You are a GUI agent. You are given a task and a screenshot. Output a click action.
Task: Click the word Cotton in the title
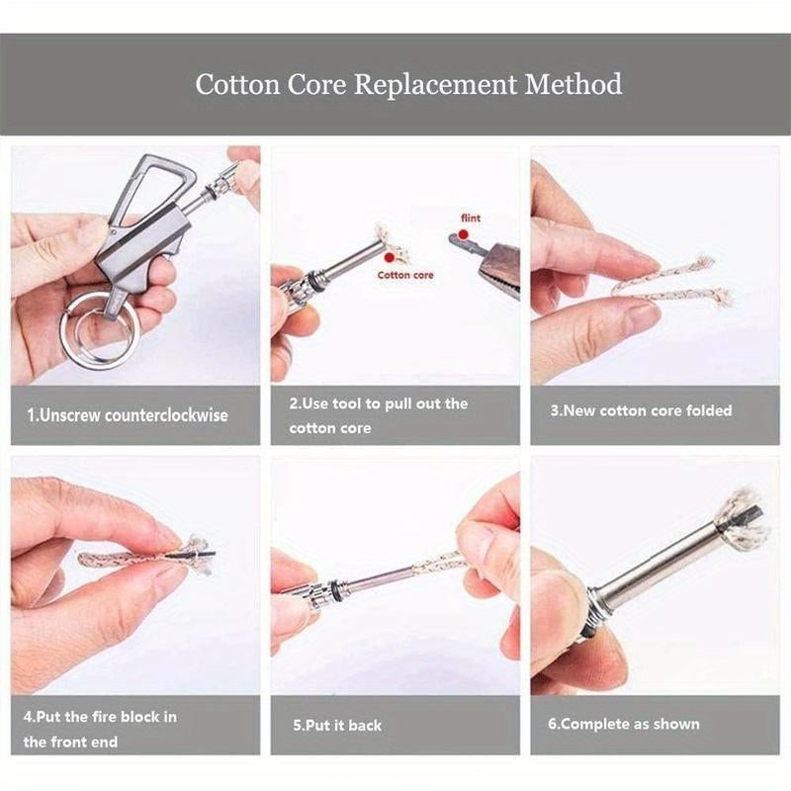[232, 83]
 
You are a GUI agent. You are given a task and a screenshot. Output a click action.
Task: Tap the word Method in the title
[573, 83]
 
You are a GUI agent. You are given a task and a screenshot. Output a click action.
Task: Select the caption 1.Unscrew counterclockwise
[127, 415]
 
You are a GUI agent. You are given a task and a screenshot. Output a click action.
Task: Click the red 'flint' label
[472, 219]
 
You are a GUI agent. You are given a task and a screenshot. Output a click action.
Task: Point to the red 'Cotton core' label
[405, 275]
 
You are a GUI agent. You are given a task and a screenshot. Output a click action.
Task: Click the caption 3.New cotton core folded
[641, 409]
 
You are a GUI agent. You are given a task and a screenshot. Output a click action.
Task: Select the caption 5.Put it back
[337, 725]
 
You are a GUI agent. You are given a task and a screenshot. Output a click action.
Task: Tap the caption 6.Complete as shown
[623, 724]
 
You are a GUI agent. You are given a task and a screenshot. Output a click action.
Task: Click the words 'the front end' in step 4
[72, 741]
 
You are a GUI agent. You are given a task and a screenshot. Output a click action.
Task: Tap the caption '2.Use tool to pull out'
[378, 404]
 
